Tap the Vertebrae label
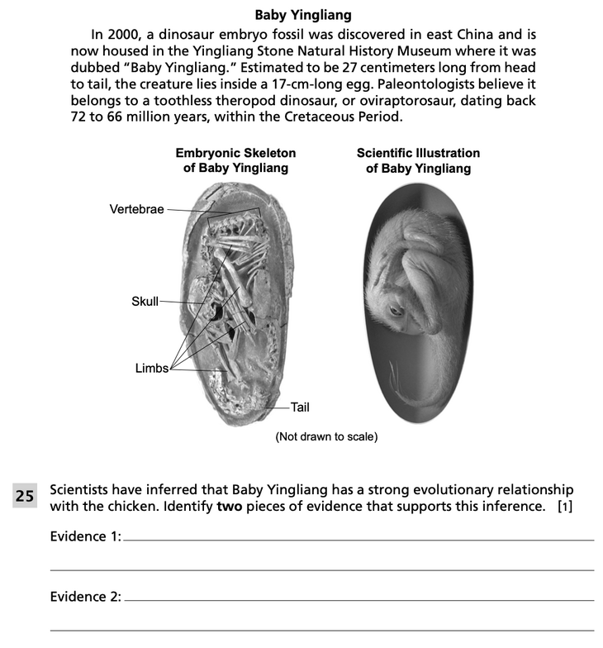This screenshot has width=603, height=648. pos(137,209)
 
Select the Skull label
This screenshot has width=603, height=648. pos(145,301)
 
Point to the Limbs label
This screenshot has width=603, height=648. pos(151,368)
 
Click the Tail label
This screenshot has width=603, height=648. pos(299,407)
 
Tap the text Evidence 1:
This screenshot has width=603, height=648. pos(85,536)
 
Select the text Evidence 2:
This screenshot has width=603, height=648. pos(85,597)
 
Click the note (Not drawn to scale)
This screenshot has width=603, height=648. pos(326,436)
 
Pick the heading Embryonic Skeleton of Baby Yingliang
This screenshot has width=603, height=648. pos(235,160)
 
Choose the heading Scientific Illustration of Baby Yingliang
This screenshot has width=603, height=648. pos(418,160)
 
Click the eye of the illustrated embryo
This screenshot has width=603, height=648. pos(397,311)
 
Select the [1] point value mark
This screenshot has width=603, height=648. pos(565,506)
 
